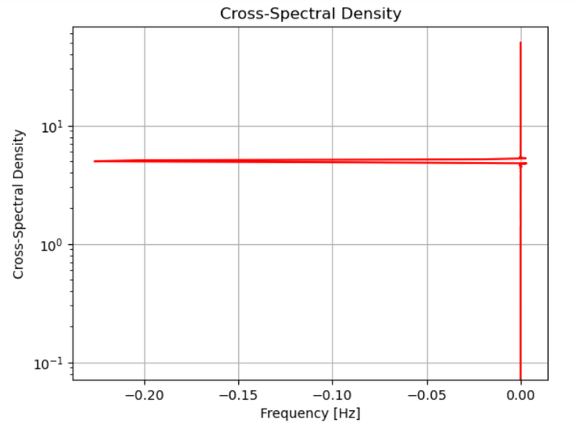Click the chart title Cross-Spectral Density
click(x=311, y=14)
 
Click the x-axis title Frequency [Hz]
click(x=310, y=413)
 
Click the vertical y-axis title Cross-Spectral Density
click(x=18, y=204)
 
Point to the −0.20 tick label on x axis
click(x=144, y=396)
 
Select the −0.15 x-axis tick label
click(x=238, y=396)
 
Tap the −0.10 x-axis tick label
click(x=332, y=396)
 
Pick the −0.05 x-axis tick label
click(x=426, y=396)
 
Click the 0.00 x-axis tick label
click(x=521, y=396)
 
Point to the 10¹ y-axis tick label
click(x=52, y=127)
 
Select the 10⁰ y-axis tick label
click(x=52, y=245)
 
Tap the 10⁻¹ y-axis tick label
click(x=51, y=363)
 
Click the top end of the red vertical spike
click(x=521, y=43)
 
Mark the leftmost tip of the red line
click(x=94, y=161)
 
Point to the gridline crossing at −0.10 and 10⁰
click(x=332, y=245)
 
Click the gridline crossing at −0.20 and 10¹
click(x=144, y=127)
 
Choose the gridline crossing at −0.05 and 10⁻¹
click(x=426, y=363)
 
